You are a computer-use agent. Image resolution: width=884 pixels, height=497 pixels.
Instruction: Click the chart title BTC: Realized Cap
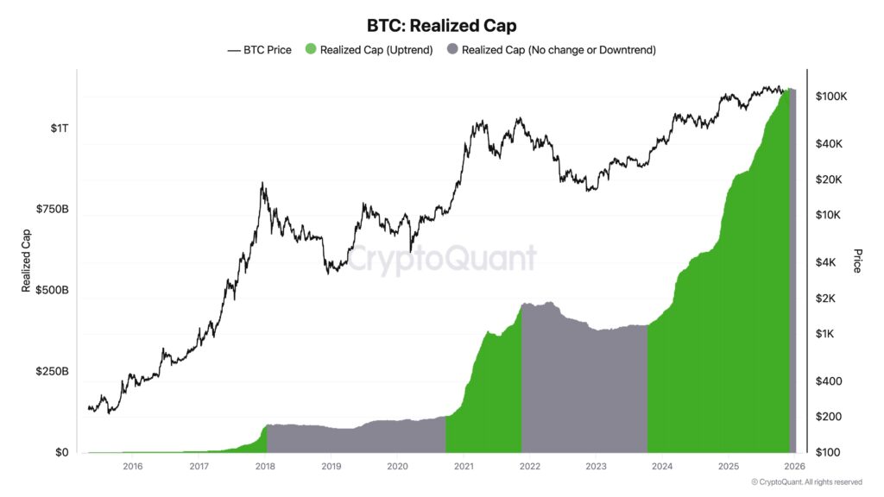click(x=442, y=26)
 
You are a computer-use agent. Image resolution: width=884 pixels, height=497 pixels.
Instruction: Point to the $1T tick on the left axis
click(x=59, y=129)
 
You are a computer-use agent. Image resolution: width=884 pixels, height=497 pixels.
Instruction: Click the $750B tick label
click(x=53, y=210)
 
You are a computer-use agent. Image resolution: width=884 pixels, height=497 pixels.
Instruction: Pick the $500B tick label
click(x=53, y=291)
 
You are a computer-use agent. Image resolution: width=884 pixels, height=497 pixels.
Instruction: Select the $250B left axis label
click(x=53, y=372)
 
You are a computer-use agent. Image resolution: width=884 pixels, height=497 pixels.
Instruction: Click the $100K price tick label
click(x=830, y=97)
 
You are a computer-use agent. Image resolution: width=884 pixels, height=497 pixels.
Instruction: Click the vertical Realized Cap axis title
click(x=27, y=260)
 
